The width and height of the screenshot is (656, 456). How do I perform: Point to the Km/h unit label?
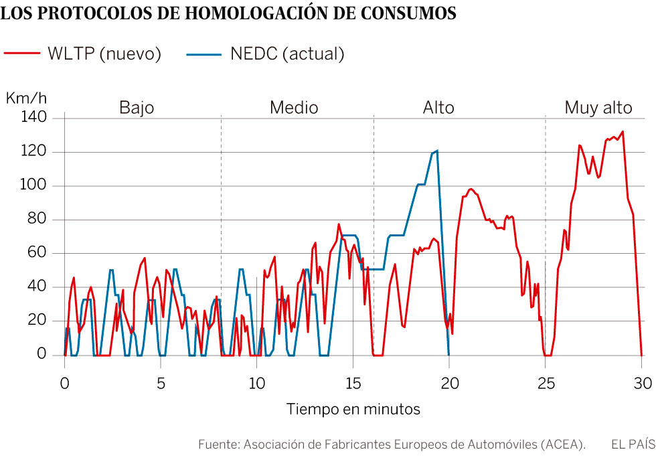pyautogui.click(x=27, y=98)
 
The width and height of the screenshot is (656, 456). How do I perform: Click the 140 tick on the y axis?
pyautogui.click(x=34, y=118)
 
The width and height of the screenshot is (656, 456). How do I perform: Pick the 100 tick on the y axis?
pyautogui.click(x=34, y=185)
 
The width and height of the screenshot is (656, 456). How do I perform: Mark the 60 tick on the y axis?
pyautogui.click(x=37, y=253)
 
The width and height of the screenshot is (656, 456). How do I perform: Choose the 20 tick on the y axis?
pyautogui.click(x=37, y=321)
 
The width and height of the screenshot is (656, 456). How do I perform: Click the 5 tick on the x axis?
pyautogui.click(x=161, y=383)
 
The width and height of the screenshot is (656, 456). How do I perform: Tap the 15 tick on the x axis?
pyautogui.click(x=353, y=383)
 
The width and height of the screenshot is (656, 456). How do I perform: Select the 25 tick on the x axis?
pyautogui.click(x=546, y=383)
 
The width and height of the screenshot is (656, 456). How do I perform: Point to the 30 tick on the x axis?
pyautogui.click(x=642, y=383)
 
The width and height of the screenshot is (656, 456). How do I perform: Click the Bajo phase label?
pyautogui.click(x=137, y=108)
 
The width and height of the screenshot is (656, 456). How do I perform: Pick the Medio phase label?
pyautogui.click(x=294, y=108)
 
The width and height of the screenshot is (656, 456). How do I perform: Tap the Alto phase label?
pyautogui.click(x=438, y=108)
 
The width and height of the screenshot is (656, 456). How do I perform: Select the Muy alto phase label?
pyautogui.click(x=598, y=108)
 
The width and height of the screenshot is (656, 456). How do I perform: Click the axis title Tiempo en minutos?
pyautogui.click(x=353, y=409)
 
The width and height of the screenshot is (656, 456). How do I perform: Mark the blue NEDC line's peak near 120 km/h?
pyautogui.click(x=436, y=151)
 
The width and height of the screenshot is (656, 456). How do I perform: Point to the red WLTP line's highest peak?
pyautogui.click(x=623, y=131)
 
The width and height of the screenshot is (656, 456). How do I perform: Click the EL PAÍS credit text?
pyautogui.click(x=633, y=444)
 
